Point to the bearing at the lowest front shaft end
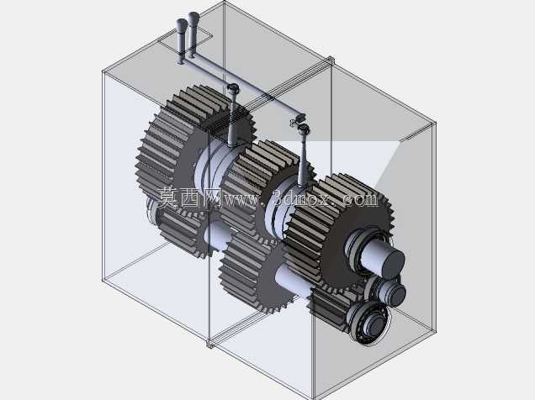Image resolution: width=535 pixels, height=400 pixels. [368, 322]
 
